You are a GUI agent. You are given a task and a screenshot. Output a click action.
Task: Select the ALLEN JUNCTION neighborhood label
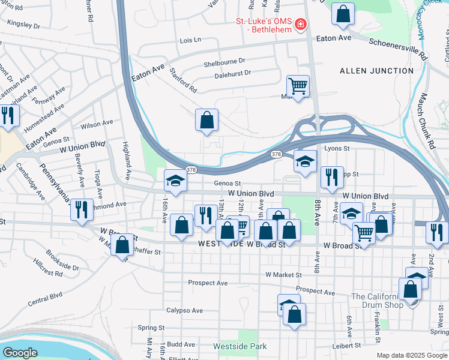point(376,71)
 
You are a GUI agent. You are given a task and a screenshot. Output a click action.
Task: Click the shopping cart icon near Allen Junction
point(298,86)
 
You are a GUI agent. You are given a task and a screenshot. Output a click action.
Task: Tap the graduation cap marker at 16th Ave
point(175,180)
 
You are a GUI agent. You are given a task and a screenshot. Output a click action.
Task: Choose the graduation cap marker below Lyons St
point(305,161)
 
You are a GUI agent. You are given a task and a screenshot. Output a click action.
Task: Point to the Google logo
point(20,353)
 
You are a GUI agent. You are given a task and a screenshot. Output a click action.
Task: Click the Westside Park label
point(240,346)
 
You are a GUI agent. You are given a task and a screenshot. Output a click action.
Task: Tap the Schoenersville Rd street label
point(397,49)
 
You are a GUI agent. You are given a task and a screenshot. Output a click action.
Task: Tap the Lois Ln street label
point(190,40)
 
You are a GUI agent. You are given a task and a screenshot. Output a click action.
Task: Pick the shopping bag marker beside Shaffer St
point(122,245)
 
